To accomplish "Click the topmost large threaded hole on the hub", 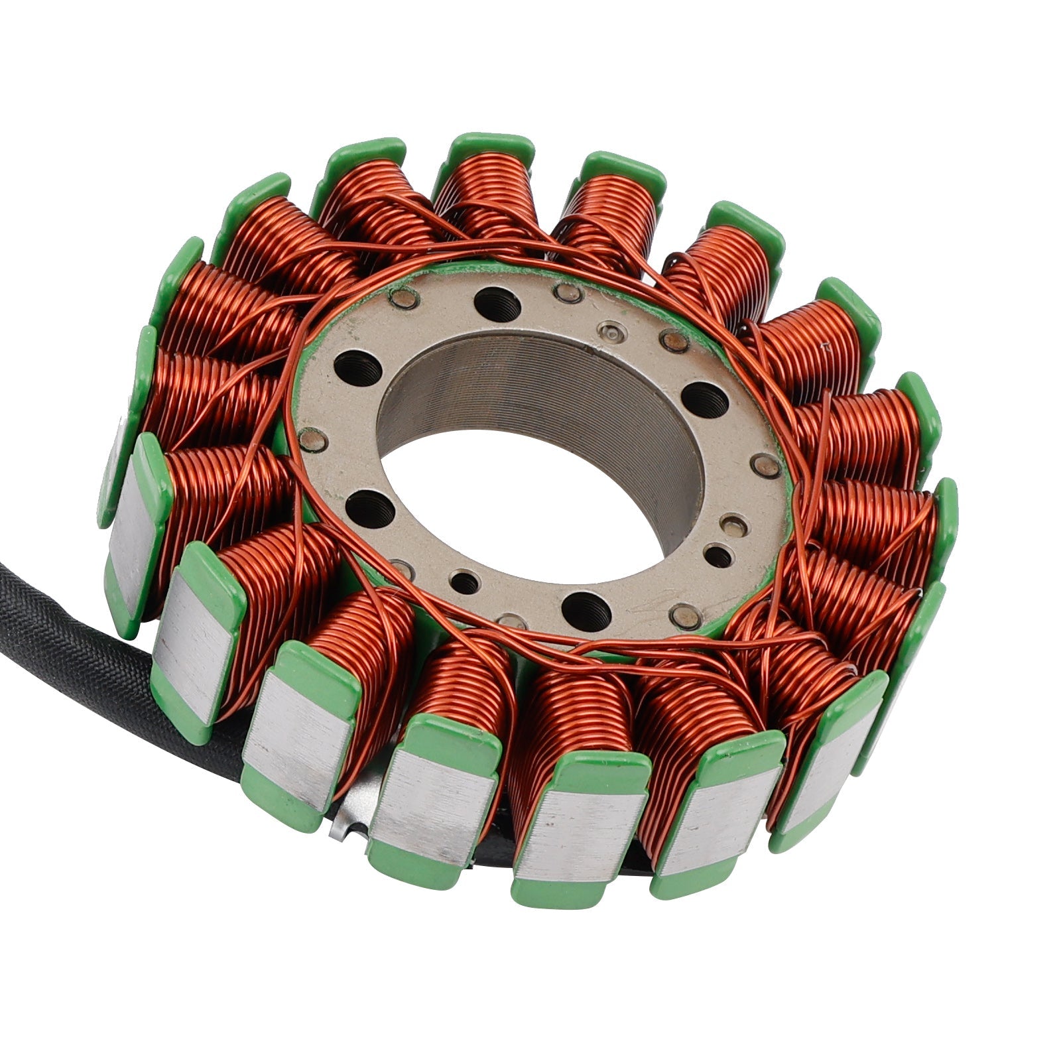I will tap(497, 305).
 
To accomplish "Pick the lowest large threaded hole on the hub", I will tap(586, 605).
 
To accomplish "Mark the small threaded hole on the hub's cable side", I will tap(468, 582).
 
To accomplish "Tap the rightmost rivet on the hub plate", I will tap(769, 466).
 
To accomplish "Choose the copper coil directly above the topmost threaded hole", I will tap(491, 199).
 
